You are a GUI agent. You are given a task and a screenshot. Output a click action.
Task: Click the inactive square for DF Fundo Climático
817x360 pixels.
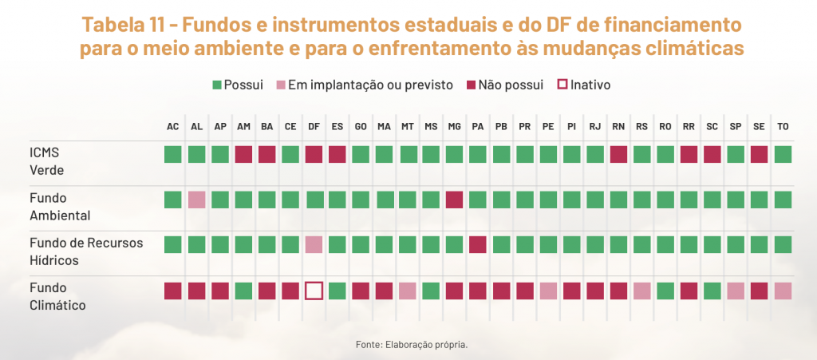[314, 291]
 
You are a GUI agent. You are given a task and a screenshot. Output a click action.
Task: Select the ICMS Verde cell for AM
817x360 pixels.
[243, 154]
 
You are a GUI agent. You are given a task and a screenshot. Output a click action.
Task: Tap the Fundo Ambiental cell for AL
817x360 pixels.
[196, 200]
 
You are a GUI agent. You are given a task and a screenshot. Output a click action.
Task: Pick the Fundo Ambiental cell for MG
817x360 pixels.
[454, 200]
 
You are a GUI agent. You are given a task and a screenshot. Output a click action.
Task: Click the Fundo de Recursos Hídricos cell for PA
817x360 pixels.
[478, 244]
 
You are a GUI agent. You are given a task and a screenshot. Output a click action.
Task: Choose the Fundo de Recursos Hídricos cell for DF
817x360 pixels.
[314, 244]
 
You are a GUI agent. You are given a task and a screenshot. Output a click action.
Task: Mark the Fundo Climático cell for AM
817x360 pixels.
[243, 291]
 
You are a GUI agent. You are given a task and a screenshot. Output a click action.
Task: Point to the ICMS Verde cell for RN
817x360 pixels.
[618, 154]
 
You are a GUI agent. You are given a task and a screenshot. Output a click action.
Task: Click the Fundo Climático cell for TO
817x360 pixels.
[783, 291]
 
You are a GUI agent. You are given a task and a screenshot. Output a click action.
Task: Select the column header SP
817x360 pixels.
[736, 127]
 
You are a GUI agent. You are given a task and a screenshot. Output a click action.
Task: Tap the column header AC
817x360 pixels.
[173, 127]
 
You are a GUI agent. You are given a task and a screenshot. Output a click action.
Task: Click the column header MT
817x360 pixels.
[408, 127]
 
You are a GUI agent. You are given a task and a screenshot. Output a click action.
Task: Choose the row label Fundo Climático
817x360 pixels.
[57, 295]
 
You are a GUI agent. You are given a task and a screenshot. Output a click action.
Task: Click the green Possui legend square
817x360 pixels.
[217, 85]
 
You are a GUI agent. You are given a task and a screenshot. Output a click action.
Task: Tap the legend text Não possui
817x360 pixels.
[511, 85]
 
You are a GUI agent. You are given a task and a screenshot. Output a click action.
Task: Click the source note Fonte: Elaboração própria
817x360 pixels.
[411, 345]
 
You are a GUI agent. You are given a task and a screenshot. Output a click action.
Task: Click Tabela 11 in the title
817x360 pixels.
[136, 23]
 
